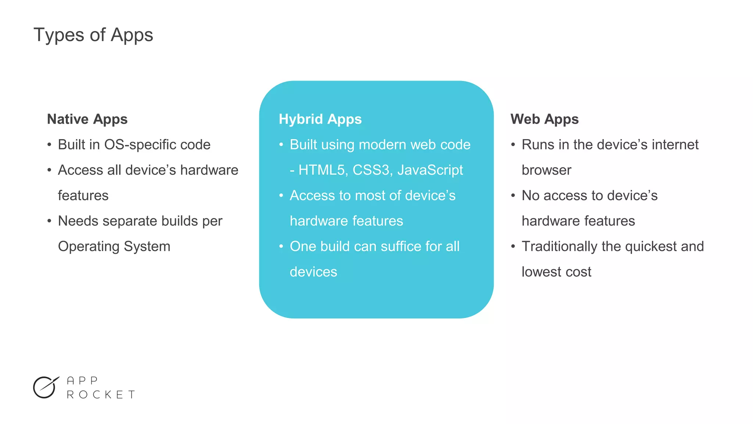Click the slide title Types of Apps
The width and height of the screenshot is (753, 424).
[x=93, y=35]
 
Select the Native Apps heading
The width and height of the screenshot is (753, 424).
[x=87, y=119]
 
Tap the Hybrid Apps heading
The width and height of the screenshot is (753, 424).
[x=320, y=119]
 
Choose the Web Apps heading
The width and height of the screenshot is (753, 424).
[x=544, y=119]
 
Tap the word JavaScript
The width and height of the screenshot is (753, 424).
[x=430, y=170]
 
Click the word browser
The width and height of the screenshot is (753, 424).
[x=546, y=170]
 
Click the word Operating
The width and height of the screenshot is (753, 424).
[x=89, y=247]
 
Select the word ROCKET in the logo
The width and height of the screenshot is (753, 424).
[x=101, y=395]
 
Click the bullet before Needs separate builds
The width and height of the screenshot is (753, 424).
[x=49, y=221]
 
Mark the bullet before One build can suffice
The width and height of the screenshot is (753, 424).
[x=281, y=246]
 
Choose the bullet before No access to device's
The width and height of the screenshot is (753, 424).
[x=513, y=195]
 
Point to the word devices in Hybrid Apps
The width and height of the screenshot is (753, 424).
[x=313, y=272]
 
